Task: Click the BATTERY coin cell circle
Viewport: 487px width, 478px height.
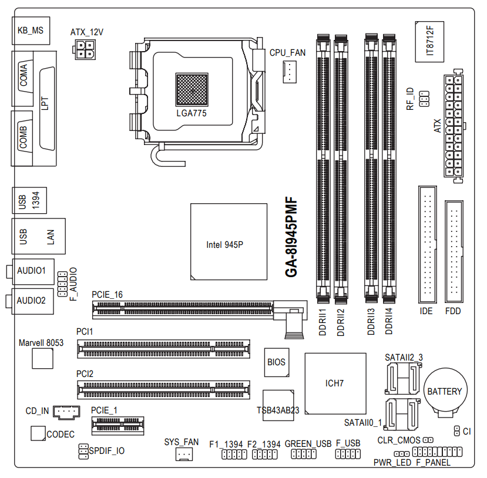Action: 445,391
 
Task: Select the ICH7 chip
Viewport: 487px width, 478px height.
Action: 335,383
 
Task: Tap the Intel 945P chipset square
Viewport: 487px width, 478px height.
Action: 229,241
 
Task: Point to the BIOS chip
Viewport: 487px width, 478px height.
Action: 277,362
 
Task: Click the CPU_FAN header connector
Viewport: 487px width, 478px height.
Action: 290,72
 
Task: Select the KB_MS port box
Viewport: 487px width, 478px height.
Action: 31,31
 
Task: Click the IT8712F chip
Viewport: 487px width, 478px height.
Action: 429,42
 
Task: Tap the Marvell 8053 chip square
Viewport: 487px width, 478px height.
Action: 42,358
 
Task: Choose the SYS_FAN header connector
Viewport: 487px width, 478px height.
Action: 184,454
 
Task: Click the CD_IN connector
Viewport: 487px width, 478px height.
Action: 66,412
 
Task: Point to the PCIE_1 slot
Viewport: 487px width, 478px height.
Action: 117,425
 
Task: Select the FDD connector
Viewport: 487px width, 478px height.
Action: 454,251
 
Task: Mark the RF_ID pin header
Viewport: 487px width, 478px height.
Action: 424,99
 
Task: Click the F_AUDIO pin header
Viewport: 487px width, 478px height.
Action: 62,284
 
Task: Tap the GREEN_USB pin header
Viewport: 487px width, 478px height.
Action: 304,454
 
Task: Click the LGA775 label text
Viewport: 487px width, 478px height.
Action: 192,113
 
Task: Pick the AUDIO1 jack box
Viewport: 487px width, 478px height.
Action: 33,271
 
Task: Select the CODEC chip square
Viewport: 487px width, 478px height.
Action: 38,433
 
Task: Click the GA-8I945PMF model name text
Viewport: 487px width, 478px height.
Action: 291,237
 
